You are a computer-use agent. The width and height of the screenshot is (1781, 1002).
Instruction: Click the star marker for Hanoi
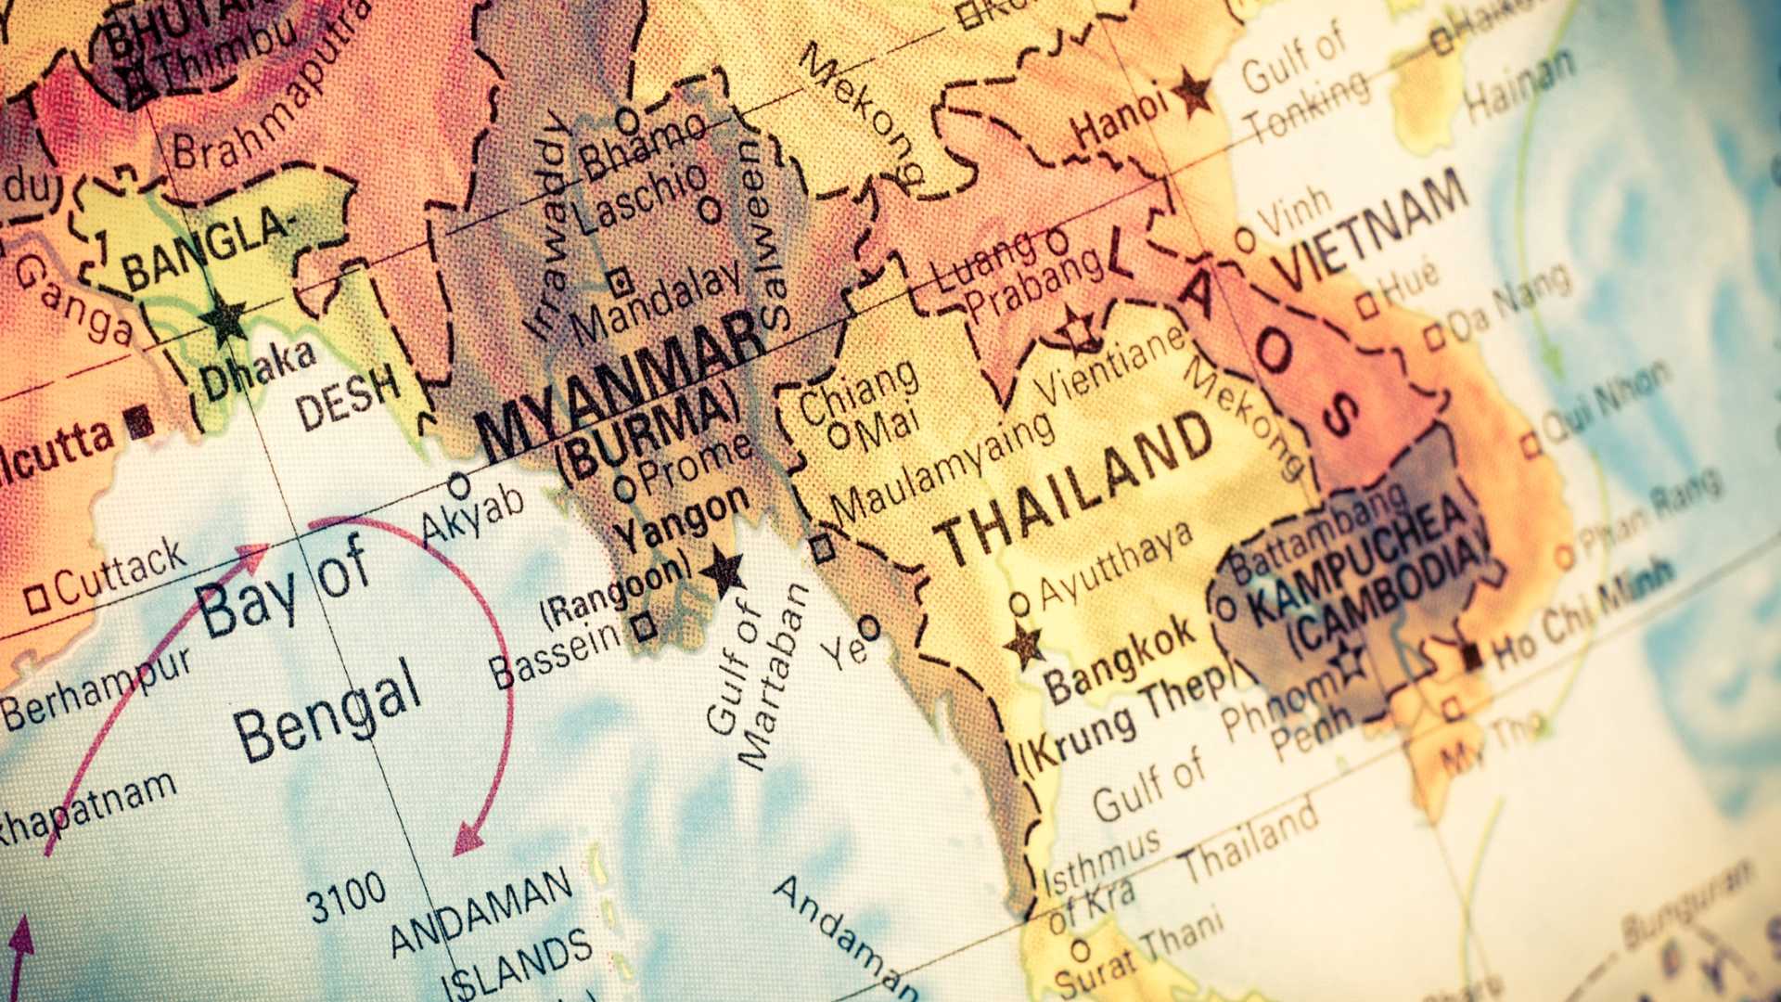pyautogui.click(x=1192, y=93)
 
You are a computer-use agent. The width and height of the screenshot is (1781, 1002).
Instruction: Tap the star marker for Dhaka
pyautogui.click(x=224, y=318)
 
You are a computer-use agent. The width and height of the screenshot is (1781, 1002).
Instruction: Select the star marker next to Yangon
pyautogui.click(x=723, y=570)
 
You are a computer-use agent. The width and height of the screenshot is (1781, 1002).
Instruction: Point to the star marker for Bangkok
pyautogui.click(x=1025, y=644)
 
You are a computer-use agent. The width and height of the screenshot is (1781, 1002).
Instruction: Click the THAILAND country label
pyautogui.click(x=1074, y=489)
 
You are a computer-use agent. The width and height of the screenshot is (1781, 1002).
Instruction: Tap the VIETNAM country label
pyautogui.click(x=1371, y=230)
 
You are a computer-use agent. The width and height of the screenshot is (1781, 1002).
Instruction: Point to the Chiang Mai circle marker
pyautogui.click(x=839, y=435)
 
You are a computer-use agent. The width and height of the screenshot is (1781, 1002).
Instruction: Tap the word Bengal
pyautogui.click(x=327, y=711)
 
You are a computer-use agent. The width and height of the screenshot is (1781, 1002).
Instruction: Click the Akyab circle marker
pyautogui.click(x=458, y=485)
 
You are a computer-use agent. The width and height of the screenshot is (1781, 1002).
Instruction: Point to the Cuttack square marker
pyautogui.click(x=37, y=598)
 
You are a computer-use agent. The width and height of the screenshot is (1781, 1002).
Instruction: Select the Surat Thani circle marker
pyautogui.click(x=1080, y=950)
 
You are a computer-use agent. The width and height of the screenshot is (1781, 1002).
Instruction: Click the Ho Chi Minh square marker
pyautogui.click(x=1471, y=657)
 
